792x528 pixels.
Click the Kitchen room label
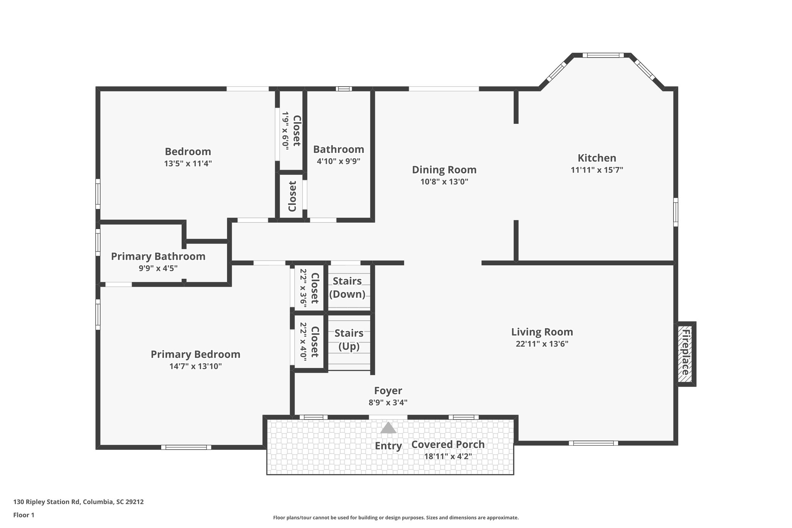tap(597, 158)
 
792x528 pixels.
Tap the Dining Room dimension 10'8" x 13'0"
tap(444, 182)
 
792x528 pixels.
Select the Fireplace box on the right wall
tap(686, 354)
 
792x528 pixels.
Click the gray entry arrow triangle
tap(388, 428)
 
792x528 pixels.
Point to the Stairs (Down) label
tap(347, 287)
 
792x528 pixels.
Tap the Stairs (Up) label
tap(349, 340)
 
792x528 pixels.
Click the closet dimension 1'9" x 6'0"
tap(285, 131)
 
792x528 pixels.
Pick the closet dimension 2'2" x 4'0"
tap(303, 342)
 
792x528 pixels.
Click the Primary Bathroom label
tap(158, 256)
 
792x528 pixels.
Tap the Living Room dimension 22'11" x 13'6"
tap(542, 344)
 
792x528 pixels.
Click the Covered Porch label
tap(448, 444)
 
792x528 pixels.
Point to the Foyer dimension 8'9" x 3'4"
tap(388, 402)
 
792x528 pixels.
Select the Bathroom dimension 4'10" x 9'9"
tap(338, 161)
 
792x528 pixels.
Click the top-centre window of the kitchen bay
tap(603, 55)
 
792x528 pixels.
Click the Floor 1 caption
tap(24, 515)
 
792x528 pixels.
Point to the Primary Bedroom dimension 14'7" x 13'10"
tap(195, 366)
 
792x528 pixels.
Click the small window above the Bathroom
tap(343, 89)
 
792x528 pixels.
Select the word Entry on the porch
tap(388, 446)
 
